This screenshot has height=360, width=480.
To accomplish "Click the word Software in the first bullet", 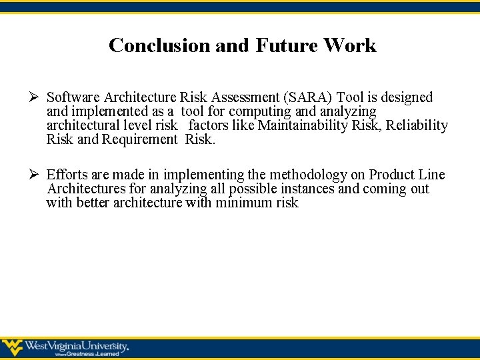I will (x=73, y=97).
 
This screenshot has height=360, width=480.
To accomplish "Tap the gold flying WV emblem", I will (x=13, y=347).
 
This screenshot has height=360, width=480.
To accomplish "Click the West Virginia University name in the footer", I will (x=77, y=346).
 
